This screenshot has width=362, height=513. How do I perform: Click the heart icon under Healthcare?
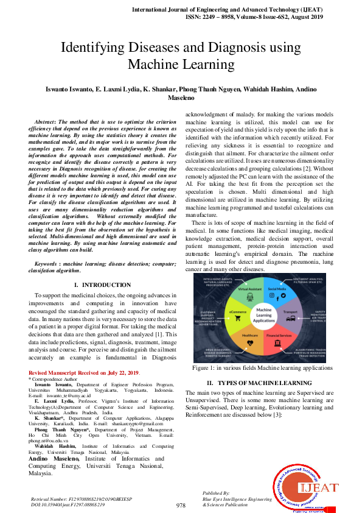pyautogui.click(x=251, y=343)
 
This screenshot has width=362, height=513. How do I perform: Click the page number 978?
pyautogui.click(x=181, y=506)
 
